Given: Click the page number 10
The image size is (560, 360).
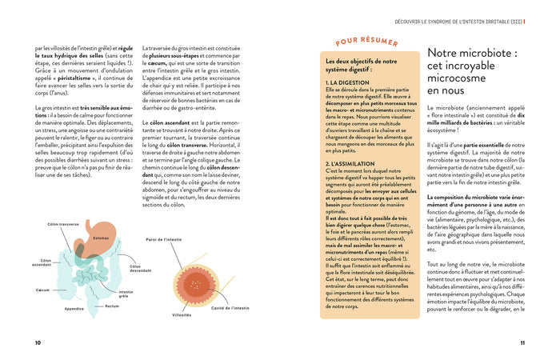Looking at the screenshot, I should click(38, 343).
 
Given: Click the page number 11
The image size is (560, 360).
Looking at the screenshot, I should click(522, 343).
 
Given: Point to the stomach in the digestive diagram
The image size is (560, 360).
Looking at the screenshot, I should click(100, 238).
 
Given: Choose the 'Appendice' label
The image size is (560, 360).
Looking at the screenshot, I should click(74, 308).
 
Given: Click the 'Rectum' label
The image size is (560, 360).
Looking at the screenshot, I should click(111, 306).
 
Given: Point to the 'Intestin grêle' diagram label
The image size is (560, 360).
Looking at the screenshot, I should click(126, 294).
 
